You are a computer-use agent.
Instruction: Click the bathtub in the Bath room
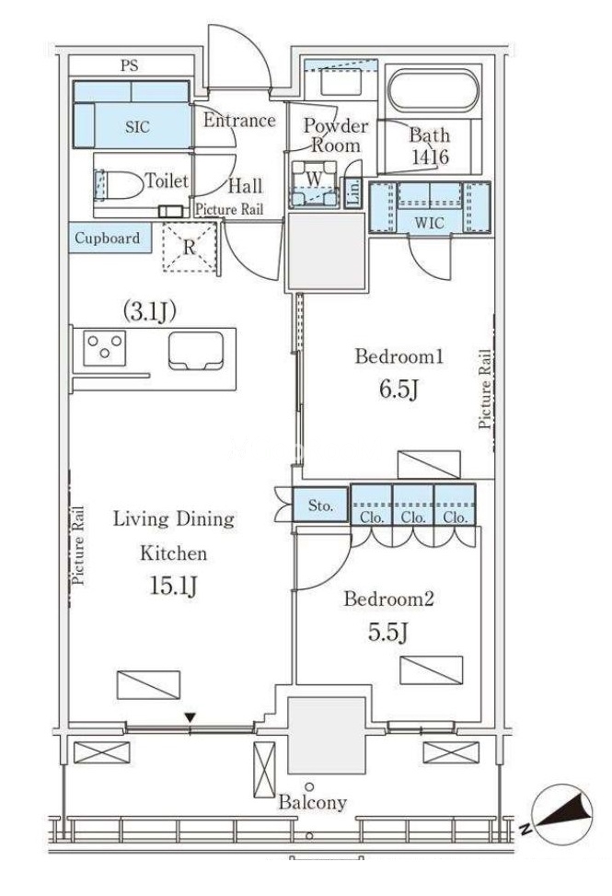(433, 91)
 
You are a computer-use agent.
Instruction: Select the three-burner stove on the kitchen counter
(105, 347)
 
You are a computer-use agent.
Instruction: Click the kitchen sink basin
(196, 350)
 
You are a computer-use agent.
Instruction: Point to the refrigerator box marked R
(189, 247)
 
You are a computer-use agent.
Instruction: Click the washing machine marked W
(314, 183)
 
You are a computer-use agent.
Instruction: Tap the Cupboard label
(108, 238)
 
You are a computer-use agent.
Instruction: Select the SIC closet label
(138, 126)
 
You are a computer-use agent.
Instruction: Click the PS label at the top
(130, 65)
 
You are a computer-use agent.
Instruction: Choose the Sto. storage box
(320, 505)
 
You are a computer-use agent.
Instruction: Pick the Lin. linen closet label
(353, 192)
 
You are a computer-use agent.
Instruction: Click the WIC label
(429, 222)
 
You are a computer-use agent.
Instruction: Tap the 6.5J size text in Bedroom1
(399, 390)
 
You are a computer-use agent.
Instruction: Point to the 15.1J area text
(174, 585)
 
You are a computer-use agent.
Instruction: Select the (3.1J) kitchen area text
(149, 311)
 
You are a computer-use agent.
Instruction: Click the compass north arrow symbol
(561, 814)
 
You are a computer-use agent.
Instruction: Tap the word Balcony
(312, 803)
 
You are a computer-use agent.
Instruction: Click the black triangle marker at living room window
(191, 717)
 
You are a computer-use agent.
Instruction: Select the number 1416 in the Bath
(431, 157)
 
